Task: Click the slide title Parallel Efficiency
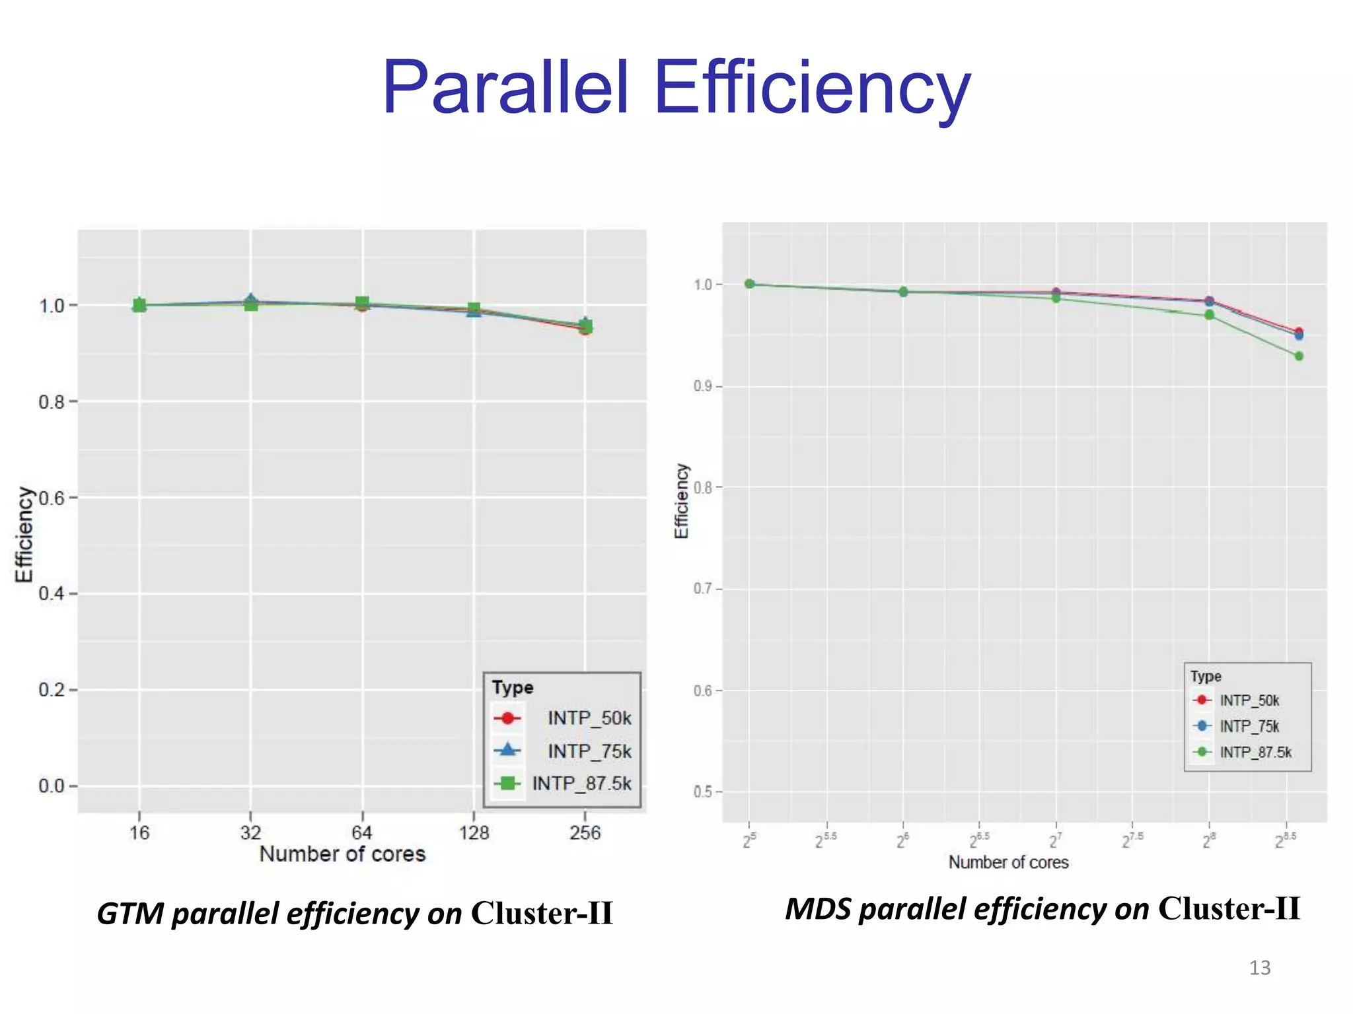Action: (x=676, y=88)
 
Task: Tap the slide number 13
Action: (x=1259, y=968)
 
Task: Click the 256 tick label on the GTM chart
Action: (x=585, y=832)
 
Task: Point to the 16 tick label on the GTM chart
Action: (x=139, y=832)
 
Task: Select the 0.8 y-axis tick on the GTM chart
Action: (x=52, y=402)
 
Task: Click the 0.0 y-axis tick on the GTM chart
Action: (x=52, y=786)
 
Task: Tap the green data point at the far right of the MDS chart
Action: (x=1299, y=356)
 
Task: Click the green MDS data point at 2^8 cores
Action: (x=1209, y=315)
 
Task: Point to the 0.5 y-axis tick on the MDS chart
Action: (x=702, y=792)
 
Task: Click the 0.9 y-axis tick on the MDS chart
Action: (x=702, y=386)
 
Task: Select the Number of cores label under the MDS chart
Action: (x=1008, y=862)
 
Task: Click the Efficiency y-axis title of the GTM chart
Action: (x=24, y=535)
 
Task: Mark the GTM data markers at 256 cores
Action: (x=585, y=326)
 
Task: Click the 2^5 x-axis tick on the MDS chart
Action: (x=749, y=841)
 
